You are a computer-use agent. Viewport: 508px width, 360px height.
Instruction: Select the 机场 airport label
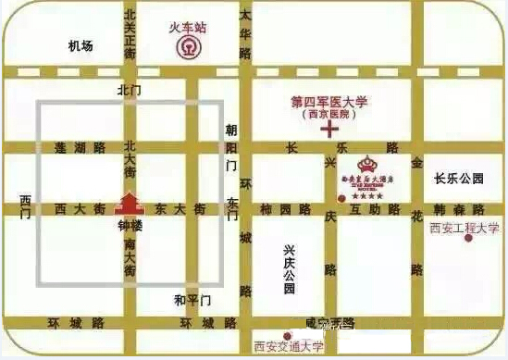point(81,46)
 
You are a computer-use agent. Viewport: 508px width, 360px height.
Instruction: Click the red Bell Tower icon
point(128,202)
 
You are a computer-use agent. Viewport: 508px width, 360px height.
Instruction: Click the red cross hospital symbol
point(328,130)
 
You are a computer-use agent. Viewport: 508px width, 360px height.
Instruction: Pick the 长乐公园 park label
point(459,179)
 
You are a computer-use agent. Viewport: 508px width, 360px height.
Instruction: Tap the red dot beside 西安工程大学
point(468,238)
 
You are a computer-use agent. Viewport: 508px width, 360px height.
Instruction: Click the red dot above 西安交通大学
point(287,335)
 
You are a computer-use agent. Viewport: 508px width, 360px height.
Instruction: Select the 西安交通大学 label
point(288,349)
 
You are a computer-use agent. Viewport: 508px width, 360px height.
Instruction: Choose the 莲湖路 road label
point(80,148)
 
